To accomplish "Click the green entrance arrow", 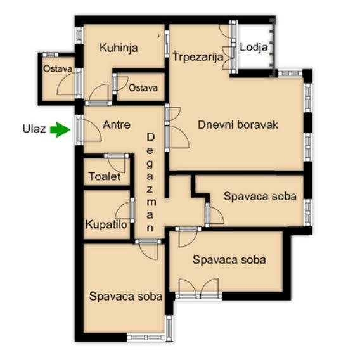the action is tap(60, 130).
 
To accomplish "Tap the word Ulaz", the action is tap(34, 129).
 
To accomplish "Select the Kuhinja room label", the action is tap(119, 48).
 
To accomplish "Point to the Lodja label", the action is tap(254, 48).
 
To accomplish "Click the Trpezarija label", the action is tap(198, 57).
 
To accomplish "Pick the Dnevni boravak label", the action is tap(238, 125).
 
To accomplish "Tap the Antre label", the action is tap(117, 125).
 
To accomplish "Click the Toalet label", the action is tap(105, 177).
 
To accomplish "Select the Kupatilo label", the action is tap(106, 224).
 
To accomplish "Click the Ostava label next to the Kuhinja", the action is tap(143, 88).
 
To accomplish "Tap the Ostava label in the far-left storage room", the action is tap(58, 69).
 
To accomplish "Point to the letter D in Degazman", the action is tap(150, 138).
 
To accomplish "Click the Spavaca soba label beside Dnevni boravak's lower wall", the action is tap(260, 197).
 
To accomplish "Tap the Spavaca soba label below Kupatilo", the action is tap(125, 297).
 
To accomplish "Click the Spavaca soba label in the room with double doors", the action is tap(229, 260).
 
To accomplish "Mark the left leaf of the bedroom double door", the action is tap(188, 287).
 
